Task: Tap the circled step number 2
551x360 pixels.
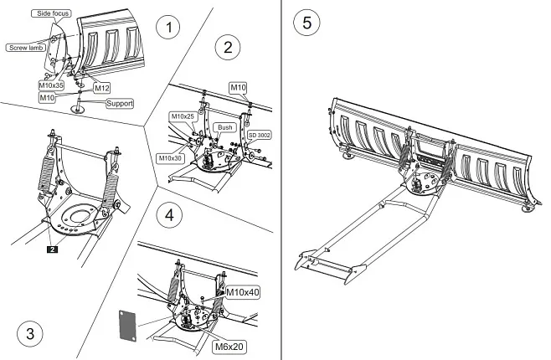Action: point(225,46)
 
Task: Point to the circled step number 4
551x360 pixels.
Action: point(171,215)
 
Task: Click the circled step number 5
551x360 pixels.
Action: point(307,23)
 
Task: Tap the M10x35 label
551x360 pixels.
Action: point(52,85)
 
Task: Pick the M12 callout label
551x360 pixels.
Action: point(101,87)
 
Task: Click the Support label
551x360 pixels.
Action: point(119,103)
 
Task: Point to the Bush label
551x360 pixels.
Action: point(224,126)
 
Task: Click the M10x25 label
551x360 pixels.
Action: point(183,116)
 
